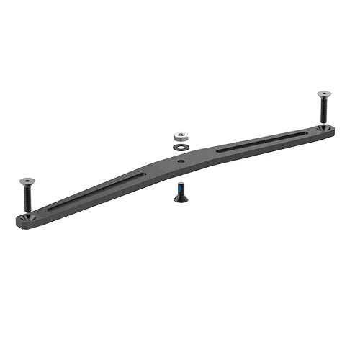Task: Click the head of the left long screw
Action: click(x=27, y=181)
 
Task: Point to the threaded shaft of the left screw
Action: click(x=27, y=199)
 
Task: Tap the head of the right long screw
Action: click(x=324, y=94)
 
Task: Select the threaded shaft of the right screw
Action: click(x=324, y=112)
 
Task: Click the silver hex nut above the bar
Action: click(x=181, y=135)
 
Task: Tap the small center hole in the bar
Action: click(x=179, y=161)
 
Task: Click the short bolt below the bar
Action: click(x=179, y=192)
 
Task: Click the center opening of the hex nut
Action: click(x=181, y=133)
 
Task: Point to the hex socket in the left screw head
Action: click(x=27, y=180)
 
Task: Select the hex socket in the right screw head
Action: click(x=324, y=93)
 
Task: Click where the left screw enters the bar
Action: click(x=27, y=214)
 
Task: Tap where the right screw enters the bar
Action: click(x=324, y=127)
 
